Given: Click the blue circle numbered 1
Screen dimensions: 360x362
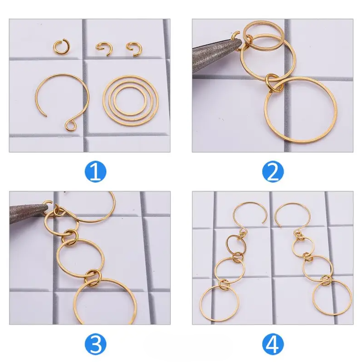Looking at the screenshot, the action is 95,172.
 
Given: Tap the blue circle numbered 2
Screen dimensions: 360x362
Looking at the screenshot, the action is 273,172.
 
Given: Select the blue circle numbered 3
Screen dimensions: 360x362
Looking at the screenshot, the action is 95,344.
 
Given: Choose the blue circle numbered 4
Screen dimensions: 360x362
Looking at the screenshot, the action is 273,344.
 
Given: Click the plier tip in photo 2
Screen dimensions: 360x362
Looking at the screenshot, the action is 240,42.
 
